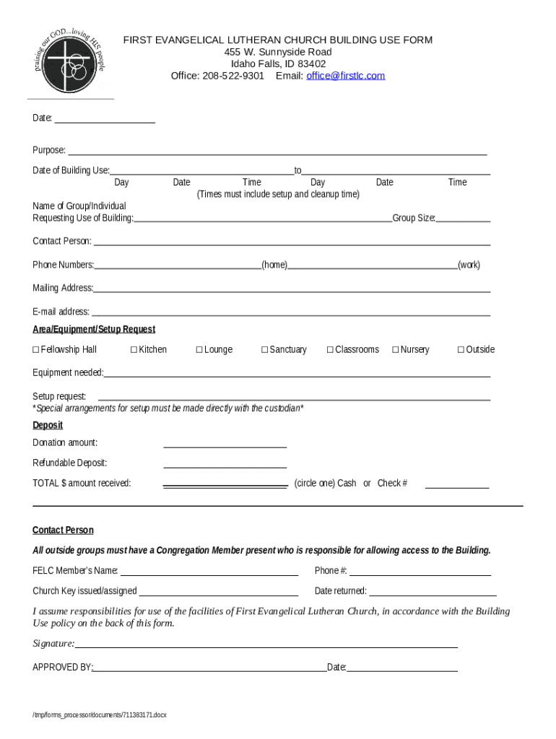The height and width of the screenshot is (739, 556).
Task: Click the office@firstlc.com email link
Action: coord(345,76)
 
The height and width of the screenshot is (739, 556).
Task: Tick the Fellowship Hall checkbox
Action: coord(35,350)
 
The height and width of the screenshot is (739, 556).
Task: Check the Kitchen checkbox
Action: coord(134,350)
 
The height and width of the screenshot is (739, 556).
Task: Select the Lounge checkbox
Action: coord(199,350)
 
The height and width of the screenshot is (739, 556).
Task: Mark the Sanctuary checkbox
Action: coord(264,350)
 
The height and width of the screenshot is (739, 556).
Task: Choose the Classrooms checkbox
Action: coord(330,350)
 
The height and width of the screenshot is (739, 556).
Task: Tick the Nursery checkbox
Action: coord(396,350)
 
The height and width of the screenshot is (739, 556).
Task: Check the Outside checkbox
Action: coord(461,350)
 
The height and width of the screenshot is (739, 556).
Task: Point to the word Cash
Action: coord(347,484)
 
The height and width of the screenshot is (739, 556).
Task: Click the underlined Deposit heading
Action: coord(48,425)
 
